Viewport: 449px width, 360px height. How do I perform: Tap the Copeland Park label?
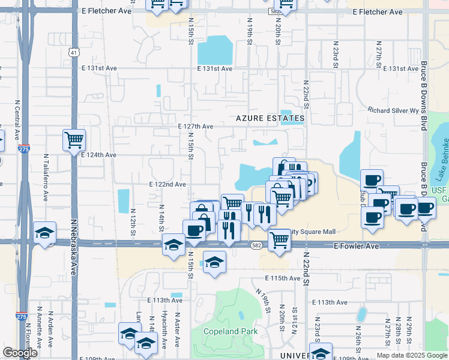pos(231,331)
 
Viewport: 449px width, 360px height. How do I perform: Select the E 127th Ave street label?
pos(196,127)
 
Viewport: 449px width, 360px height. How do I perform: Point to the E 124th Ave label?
pos(98,155)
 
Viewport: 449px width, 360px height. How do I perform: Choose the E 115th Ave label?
pos(282,278)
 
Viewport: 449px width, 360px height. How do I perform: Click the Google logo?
pos(20,353)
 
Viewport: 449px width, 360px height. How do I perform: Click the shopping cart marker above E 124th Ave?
pos(74,140)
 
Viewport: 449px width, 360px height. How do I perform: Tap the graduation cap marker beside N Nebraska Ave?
pos(44,233)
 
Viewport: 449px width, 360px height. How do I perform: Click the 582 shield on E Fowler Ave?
pos(256,245)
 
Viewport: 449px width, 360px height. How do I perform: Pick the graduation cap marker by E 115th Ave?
pos(214,262)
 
